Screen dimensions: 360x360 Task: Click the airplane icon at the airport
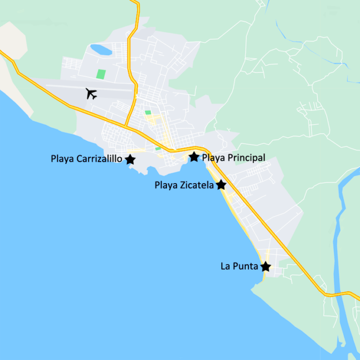(91, 94)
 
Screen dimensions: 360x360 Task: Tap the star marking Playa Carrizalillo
(130, 160)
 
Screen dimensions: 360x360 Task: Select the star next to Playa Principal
(194, 157)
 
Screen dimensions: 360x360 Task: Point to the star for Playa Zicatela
(221, 185)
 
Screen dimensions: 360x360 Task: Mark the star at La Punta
(266, 267)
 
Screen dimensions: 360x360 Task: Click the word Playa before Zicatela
(165, 185)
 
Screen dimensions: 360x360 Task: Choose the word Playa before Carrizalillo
(62, 159)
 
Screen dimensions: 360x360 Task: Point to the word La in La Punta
(226, 266)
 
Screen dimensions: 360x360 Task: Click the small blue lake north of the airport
(101, 50)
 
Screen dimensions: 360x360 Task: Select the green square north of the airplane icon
(101, 75)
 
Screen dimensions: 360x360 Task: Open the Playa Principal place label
(234, 158)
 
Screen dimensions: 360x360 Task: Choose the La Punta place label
(239, 266)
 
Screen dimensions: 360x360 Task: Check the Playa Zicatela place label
(184, 185)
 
